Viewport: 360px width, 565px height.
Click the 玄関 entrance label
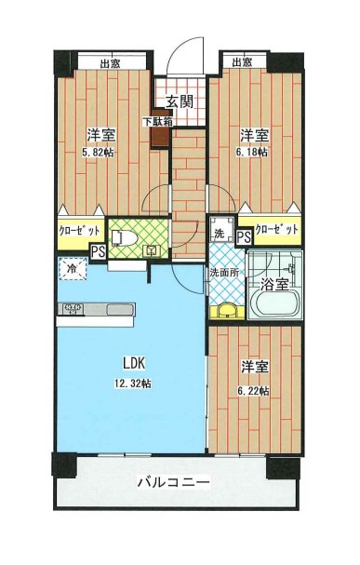[180, 102]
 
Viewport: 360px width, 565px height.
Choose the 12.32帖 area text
[133, 383]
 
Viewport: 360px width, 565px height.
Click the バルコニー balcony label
[174, 482]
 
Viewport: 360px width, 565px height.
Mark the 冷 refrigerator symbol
[72, 269]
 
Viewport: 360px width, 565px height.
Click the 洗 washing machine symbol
[220, 235]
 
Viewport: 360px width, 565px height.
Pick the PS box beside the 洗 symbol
[244, 237]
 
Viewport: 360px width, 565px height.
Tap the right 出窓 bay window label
[242, 62]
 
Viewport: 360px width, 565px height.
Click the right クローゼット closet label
[277, 230]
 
